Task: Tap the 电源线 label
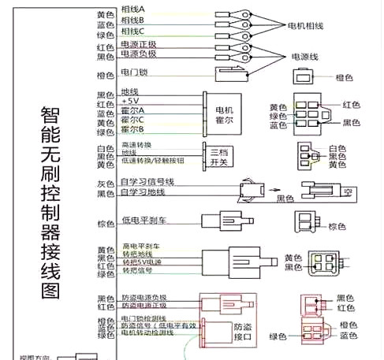(x=305, y=58)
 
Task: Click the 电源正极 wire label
(x=139, y=45)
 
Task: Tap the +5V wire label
(x=129, y=102)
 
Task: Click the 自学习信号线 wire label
(x=148, y=182)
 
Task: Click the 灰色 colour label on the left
(x=106, y=183)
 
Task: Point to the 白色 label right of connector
(x=337, y=148)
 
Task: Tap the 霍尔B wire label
(x=132, y=129)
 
